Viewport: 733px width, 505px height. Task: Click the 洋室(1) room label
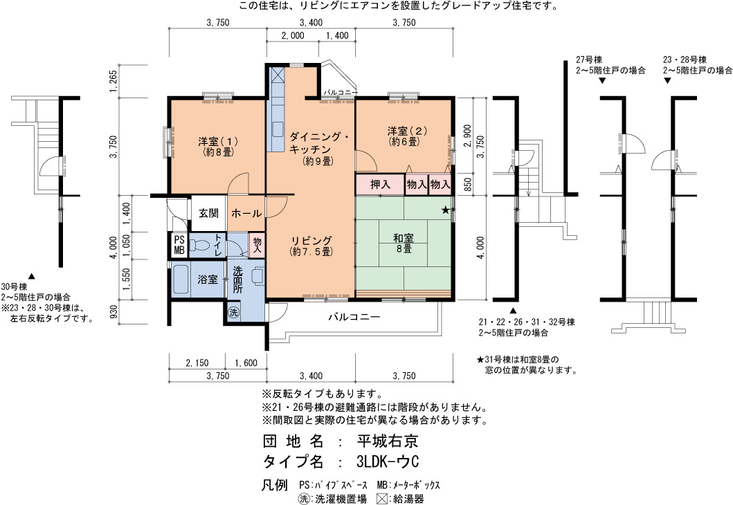(x=218, y=146)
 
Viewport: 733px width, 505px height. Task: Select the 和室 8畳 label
(x=404, y=244)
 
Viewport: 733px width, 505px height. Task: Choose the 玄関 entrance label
(x=208, y=213)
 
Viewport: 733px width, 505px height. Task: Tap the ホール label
(x=246, y=214)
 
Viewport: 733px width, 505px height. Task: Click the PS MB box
(x=179, y=245)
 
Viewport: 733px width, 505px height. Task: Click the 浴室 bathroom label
(x=208, y=279)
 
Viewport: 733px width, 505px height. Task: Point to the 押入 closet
(x=379, y=185)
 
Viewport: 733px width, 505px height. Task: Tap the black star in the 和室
(x=446, y=210)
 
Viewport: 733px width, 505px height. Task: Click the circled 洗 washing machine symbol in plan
(x=233, y=312)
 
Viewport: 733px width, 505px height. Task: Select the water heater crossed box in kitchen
(x=278, y=74)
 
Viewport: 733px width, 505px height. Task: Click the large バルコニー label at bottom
(x=354, y=317)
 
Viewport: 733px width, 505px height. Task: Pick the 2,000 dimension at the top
(x=293, y=35)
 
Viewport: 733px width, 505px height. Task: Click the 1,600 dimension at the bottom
(x=246, y=363)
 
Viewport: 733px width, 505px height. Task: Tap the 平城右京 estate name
(x=388, y=441)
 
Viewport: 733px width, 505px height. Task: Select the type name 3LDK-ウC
(x=388, y=461)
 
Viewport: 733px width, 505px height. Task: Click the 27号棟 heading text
(x=589, y=59)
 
